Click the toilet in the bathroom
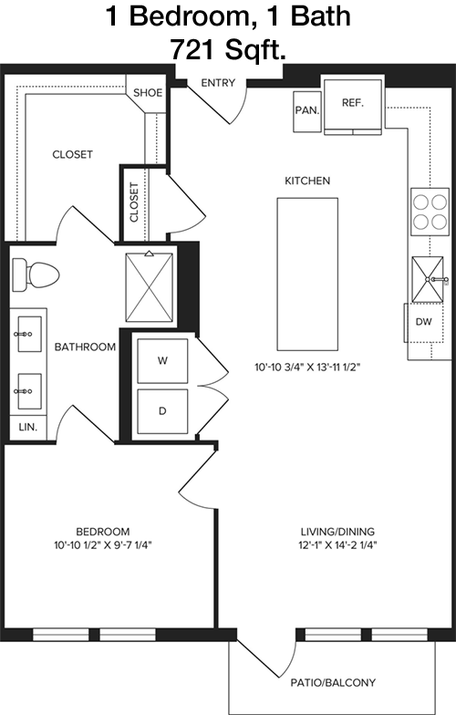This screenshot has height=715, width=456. coord(36,275)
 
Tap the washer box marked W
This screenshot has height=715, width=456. coord(162,361)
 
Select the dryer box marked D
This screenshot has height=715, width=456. coord(162,410)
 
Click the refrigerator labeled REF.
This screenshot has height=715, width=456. coord(352,107)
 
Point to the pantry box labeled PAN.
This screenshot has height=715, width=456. coord(306,111)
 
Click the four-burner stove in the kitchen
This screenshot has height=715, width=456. coord(430,212)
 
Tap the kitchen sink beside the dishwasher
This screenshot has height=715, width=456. coord(428,279)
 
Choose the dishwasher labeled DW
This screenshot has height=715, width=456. coord(424,322)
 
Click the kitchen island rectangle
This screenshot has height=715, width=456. coord(307,274)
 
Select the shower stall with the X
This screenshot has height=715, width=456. coord(150,287)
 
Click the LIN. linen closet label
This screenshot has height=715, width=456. coord(27,428)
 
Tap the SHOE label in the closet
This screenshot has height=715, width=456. coord(148,93)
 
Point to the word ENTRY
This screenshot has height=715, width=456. coord(218,83)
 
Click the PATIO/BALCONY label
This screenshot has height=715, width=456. coord(333,682)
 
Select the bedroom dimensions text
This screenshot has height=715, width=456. coord(102,544)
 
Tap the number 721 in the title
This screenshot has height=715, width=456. coord(195,49)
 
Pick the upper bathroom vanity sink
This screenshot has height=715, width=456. coord(29,334)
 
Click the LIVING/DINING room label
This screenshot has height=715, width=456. coord(337,531)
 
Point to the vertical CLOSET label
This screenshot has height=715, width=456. coord(134,202)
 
